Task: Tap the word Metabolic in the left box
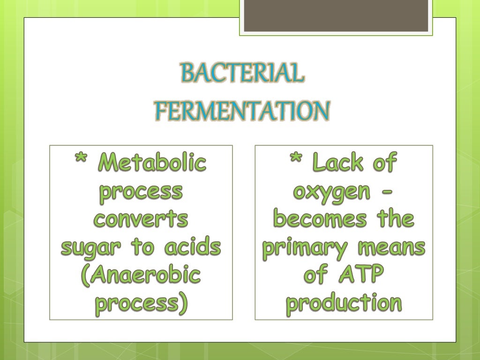(153, 163)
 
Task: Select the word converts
(141, 219)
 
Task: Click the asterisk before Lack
(297, 162)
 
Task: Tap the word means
(391, 247)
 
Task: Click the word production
(344, 304)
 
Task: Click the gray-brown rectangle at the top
(336, 15)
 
